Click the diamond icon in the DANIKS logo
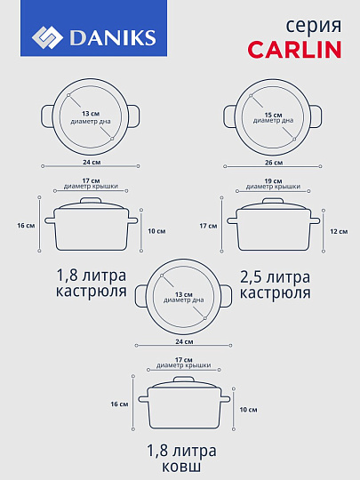pos(47,37)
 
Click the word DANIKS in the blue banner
pos(111,37)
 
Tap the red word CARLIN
pos(294,49)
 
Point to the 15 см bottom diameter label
pos(273,115)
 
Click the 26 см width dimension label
pos(273,163)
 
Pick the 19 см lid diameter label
pos(273,180)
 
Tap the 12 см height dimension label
pos(340,231)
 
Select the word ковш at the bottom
pos(180,467)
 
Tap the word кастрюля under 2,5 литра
pos(275,292)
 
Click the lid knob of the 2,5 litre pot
pos(273,200)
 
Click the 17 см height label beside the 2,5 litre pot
pos(208,226)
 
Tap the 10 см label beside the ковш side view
pos(248,409)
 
